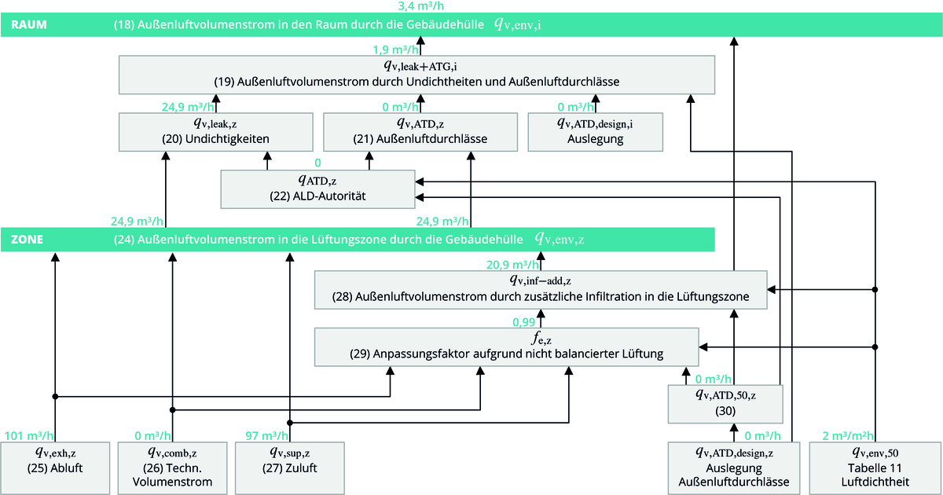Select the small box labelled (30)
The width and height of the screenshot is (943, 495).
pyautogui.click(x=725, y=403)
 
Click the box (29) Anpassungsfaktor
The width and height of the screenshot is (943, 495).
pyautogui.click(x=507, y=346)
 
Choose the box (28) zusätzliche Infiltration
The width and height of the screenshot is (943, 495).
pyautogui.click(x=541, y=290)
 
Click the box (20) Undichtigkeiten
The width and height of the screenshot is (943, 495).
pyautogui.click(x=216, y=131)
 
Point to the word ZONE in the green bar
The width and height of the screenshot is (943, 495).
pyautogui.click(x=27, y=238)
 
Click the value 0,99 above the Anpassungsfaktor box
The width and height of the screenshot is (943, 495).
pyautogui.click(x=524, y=322)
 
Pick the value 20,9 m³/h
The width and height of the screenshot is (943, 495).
pyautogui.click(x=512, y=265)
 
